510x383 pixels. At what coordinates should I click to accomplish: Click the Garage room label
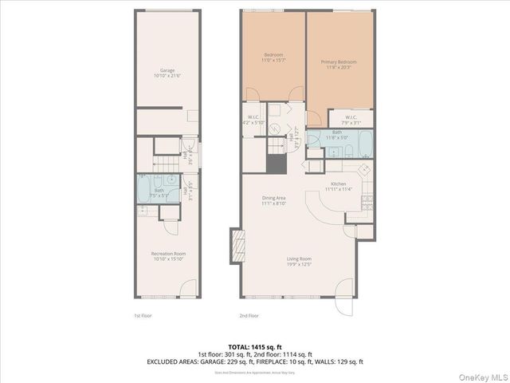click(167, 73)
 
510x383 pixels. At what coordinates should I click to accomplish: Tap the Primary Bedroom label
click(339, 65)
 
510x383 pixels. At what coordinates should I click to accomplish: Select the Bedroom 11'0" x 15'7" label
click(273, 57)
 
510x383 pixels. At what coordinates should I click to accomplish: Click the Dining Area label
click(274, 200)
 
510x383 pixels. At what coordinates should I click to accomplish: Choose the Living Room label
click(300, 261)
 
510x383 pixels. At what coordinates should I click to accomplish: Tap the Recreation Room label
click(167, 256)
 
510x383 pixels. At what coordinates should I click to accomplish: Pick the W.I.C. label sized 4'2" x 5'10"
click(253, 120)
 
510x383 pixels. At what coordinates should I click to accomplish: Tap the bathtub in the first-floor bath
click(146, 189)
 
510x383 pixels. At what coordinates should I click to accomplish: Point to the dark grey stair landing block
click(276, 164)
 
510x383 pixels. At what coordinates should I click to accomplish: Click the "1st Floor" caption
click(143, 315)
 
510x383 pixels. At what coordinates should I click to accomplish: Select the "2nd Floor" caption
click(249, 315)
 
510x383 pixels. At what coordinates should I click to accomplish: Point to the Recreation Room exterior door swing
click(188, 286)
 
